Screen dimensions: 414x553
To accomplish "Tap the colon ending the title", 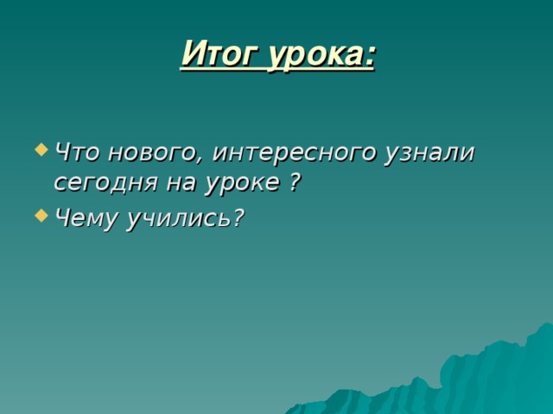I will pyautogui.click(x=371, y=56).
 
